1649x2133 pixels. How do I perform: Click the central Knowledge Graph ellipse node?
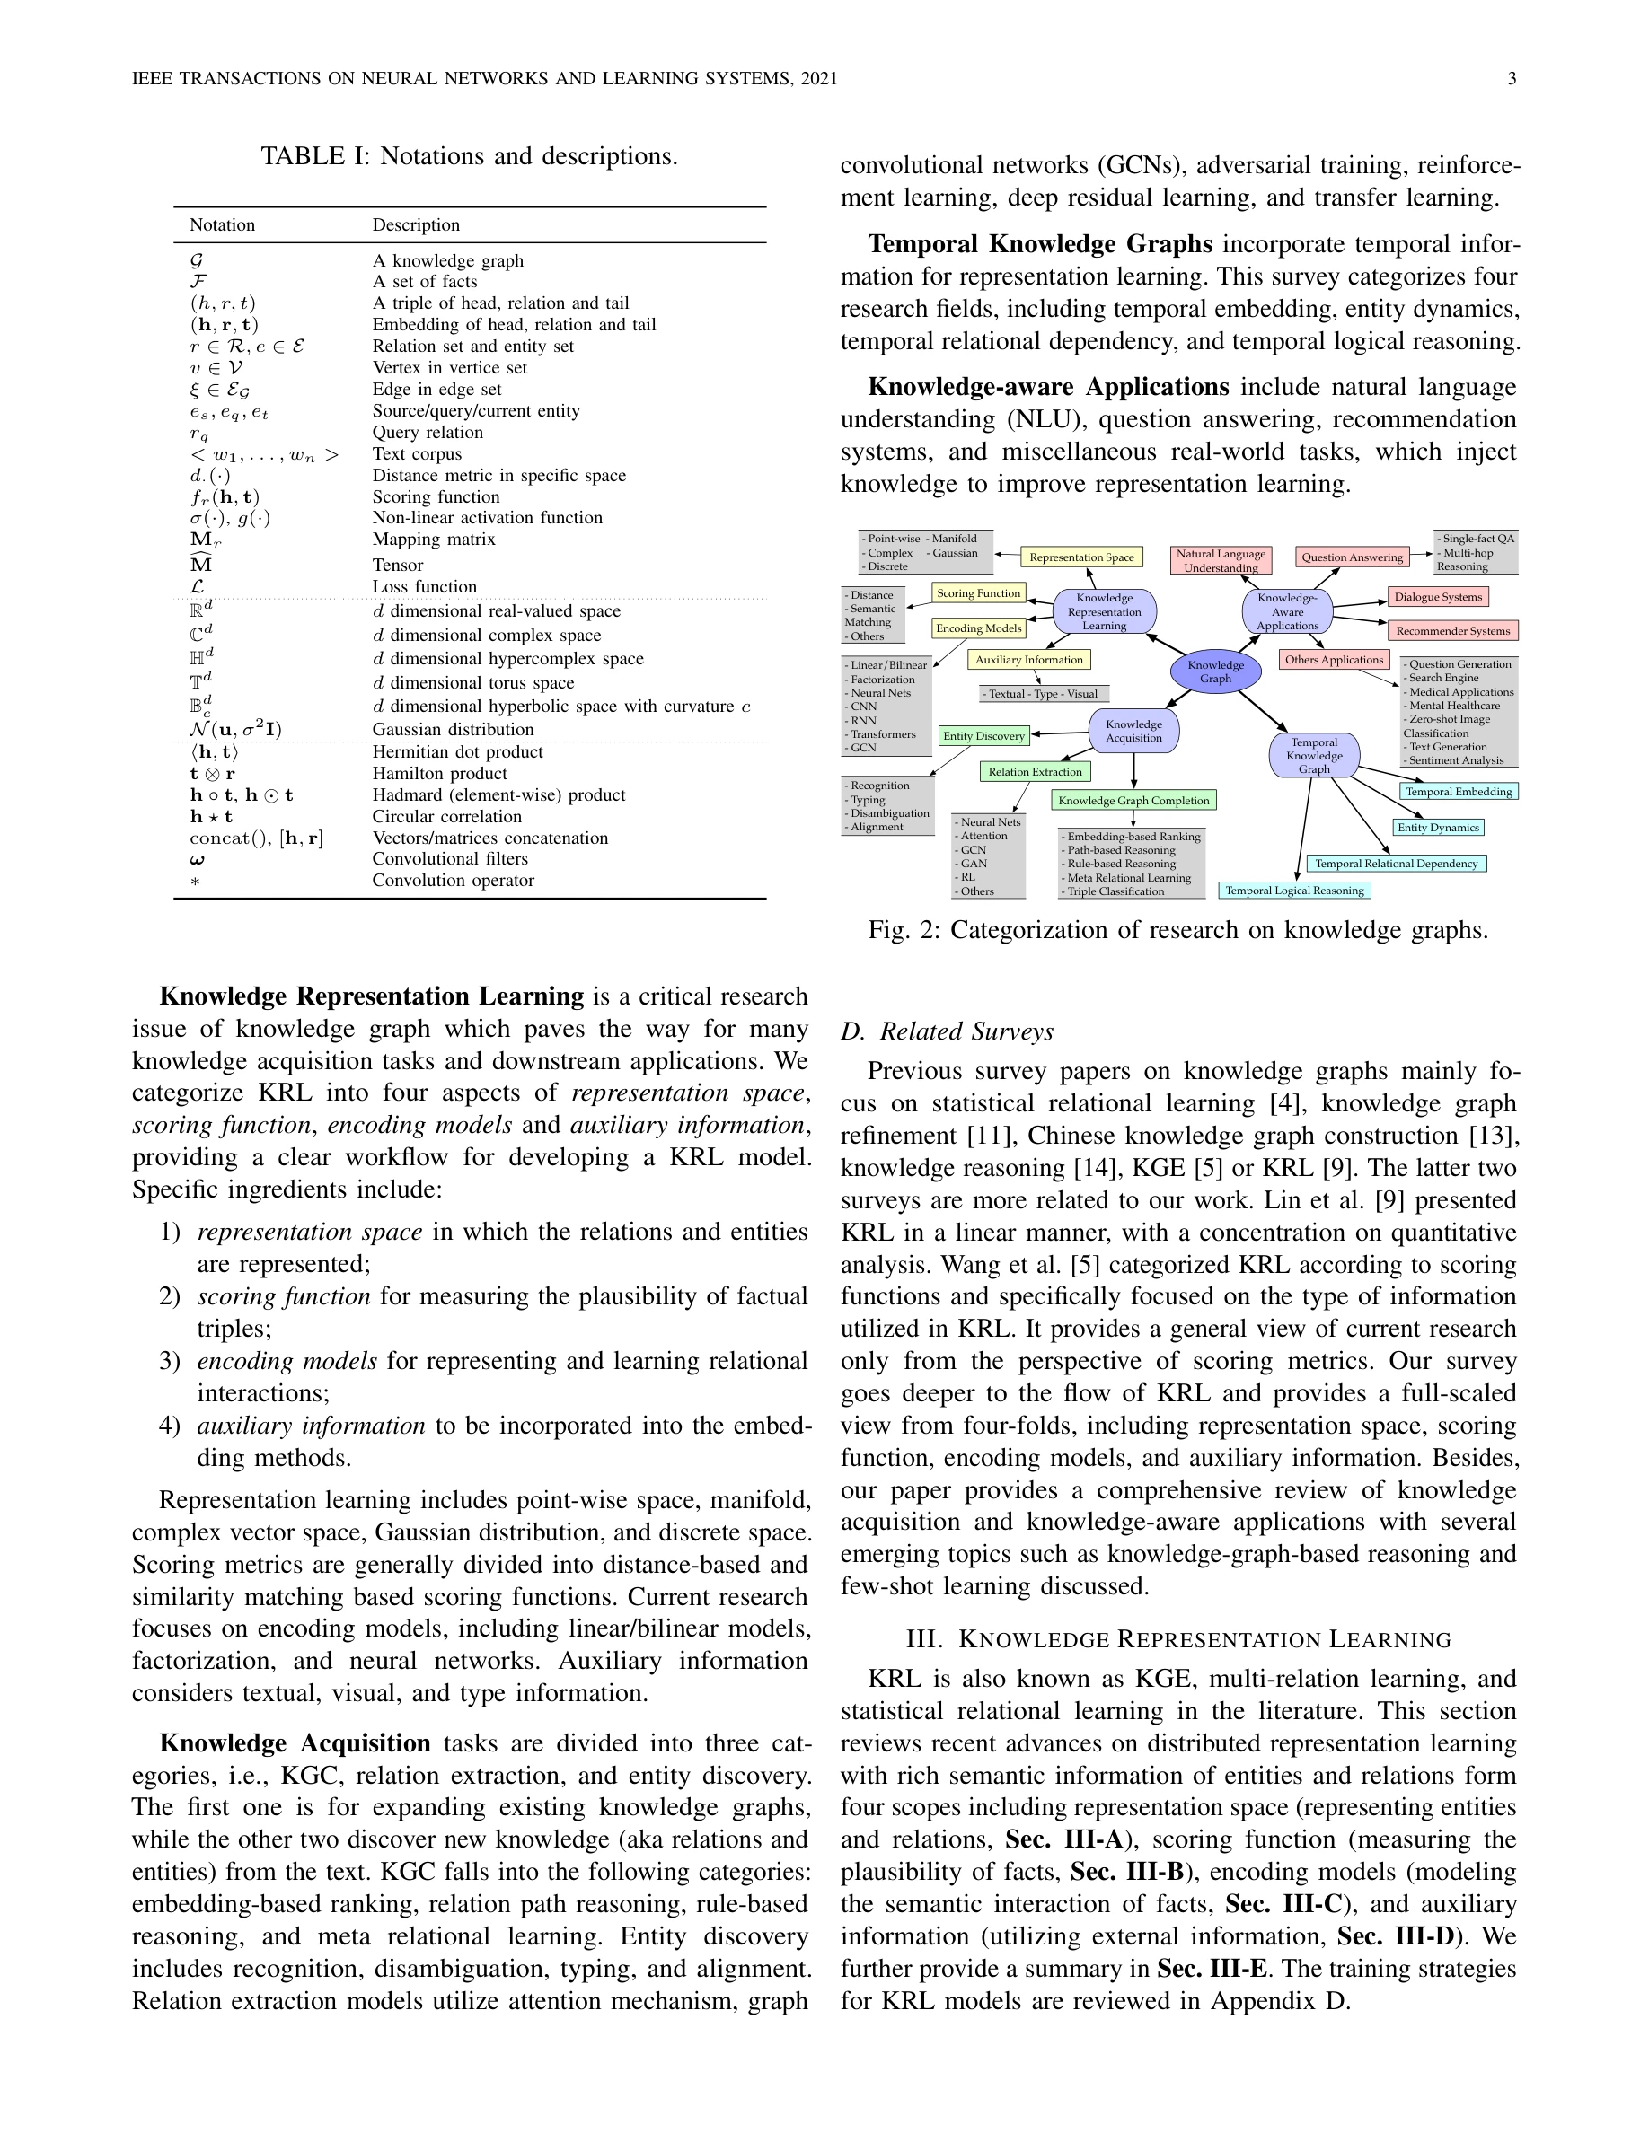(x=1215, y=671)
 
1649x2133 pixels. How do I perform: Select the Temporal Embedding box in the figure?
(x=1459, y=791)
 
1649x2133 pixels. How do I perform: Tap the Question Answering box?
(x=1352, y=557)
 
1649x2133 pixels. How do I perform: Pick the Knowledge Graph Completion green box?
(x=1133, y=801)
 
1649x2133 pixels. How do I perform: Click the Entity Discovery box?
(x=983, y=735)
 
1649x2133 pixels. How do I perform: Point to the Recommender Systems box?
(x=1452, y=631)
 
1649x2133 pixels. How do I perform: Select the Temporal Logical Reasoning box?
(x=1294, y=891)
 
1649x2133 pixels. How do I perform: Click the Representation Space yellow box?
(x=1081, y=557)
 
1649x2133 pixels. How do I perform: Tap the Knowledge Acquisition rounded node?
(x=1133, y=731)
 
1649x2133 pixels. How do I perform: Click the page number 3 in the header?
(x=1512, y=79)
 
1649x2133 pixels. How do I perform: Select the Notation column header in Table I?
(x=222, y=225)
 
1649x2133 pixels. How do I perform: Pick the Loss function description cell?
(x=424, y=587)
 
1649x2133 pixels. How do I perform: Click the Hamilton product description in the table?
(x=438, y=774)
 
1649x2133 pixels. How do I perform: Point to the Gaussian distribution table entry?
(x=453, y=730)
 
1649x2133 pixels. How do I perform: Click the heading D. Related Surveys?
(x=947, y=1031)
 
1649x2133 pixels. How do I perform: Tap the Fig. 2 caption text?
(x=1177, y=930)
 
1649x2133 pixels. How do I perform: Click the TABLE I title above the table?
(x=469, y=156)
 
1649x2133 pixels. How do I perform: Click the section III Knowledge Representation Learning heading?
(x=1178, y=1640)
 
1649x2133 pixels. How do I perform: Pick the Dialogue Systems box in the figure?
(x=1438, y=597)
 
